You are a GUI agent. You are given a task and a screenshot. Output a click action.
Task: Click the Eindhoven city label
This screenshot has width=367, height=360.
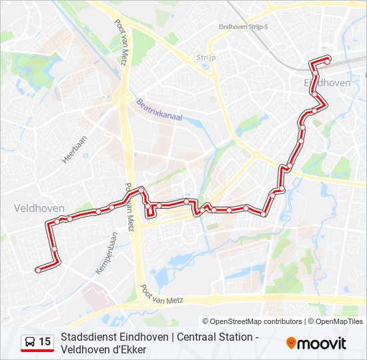coord(327,83)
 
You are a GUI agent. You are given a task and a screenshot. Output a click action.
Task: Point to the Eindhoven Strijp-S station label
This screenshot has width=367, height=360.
coord(243,27)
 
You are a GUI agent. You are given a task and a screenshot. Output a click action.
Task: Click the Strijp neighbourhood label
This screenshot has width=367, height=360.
coord(207,58)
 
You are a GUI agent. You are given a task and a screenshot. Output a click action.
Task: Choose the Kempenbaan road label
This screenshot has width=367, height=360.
coord(107,253)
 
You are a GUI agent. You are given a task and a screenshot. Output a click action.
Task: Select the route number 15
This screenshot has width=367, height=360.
coord(45,342)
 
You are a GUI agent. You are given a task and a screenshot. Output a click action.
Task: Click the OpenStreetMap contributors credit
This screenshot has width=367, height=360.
coord(252,321)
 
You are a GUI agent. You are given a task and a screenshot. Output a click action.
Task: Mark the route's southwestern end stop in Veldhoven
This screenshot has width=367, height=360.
coord(38,269)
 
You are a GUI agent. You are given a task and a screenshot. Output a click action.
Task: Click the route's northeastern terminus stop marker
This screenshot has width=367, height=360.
coord(328,61)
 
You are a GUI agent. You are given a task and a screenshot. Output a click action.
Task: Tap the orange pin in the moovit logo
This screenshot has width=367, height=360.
coord(291,343)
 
